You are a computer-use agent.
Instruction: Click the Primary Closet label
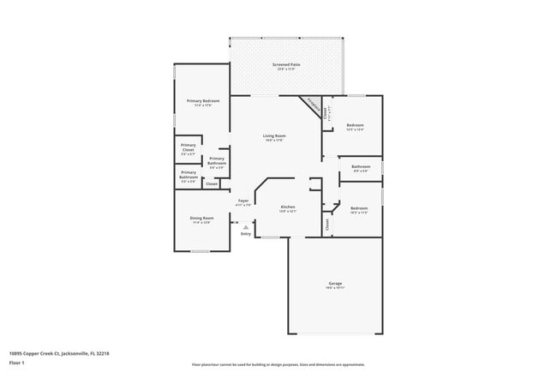(x=188, y=147)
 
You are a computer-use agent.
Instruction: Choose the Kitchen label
(x=288, y=207)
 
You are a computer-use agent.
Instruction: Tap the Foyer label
(x=243, y=201)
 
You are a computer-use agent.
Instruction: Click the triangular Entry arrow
(x=246, y=227)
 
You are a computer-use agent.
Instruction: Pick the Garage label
(x=335, y=284)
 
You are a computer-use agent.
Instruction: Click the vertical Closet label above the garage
(x=326, y=224)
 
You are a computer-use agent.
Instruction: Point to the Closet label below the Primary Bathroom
(x=211, y=183)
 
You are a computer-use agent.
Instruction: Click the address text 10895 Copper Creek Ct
(x=59, y=352)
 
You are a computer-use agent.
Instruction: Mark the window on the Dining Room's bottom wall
(x=200, y=251)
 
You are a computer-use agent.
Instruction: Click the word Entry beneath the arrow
(x=246, y=233)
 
